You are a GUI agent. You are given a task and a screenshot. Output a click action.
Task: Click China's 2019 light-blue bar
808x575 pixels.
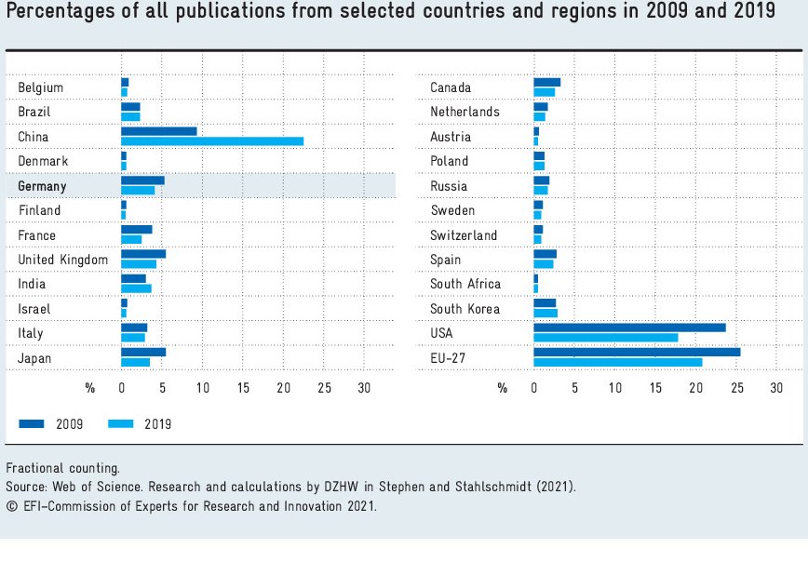click(212, 141)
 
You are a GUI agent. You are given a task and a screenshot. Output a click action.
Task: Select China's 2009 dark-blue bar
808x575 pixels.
click(158, 131)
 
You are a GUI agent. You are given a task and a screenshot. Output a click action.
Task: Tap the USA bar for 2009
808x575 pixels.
click(629, 328)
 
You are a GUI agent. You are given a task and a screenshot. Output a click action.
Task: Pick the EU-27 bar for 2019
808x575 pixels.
click(617, 362)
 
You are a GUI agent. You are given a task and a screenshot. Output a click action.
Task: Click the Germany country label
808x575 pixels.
click(42, 186)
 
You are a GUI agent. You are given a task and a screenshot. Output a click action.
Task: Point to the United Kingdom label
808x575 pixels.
click(62, 260)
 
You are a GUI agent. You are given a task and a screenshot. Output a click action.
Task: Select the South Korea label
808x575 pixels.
click(465, 309)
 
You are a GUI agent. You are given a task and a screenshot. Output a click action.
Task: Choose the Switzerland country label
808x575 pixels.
click(464, 235)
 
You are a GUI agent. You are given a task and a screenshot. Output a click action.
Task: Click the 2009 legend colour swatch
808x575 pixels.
click(31, 424)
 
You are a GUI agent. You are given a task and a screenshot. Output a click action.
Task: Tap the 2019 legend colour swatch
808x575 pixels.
click(121, 424)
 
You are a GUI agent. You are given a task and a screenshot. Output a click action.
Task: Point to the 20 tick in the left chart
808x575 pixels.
click(284, 388)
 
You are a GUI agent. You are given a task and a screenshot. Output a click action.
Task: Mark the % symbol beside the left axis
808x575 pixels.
click(90, 388)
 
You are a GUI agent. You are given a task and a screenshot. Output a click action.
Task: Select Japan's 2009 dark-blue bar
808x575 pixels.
click(143, 352)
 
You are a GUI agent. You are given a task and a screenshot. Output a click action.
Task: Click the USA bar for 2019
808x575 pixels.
click(605, 338)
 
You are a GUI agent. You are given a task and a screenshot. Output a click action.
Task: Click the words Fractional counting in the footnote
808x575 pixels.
click(61, 468)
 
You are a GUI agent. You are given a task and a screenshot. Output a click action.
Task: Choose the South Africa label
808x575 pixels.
click(465, 284)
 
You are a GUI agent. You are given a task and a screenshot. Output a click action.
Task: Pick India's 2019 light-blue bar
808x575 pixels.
click(136, 288)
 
